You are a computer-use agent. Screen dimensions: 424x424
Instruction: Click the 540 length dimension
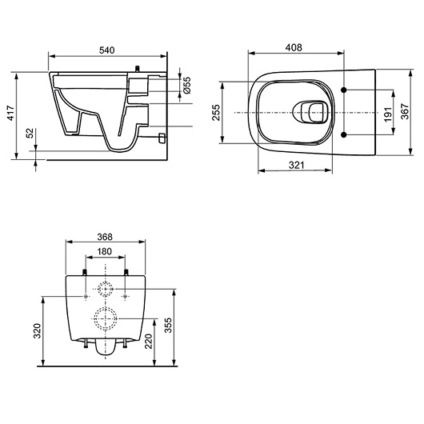(x=107, y=50)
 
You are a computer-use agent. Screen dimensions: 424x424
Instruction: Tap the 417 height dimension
(x=11, y=113)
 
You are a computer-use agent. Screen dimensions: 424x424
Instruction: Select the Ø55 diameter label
(x=187, y=85)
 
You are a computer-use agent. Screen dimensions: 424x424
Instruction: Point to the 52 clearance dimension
(x=30, y=133)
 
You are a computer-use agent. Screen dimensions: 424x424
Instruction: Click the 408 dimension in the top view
(x=294, y=47)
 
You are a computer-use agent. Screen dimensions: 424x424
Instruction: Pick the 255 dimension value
(x=217, y=113)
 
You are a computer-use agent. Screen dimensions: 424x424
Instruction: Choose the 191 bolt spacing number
(x=388, y=114)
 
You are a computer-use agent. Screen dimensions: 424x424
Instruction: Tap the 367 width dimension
(x=405, y=111)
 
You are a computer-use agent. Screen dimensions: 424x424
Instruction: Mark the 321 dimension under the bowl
(x=296, y=165)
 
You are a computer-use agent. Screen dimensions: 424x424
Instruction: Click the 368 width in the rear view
(x=105, y=237)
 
